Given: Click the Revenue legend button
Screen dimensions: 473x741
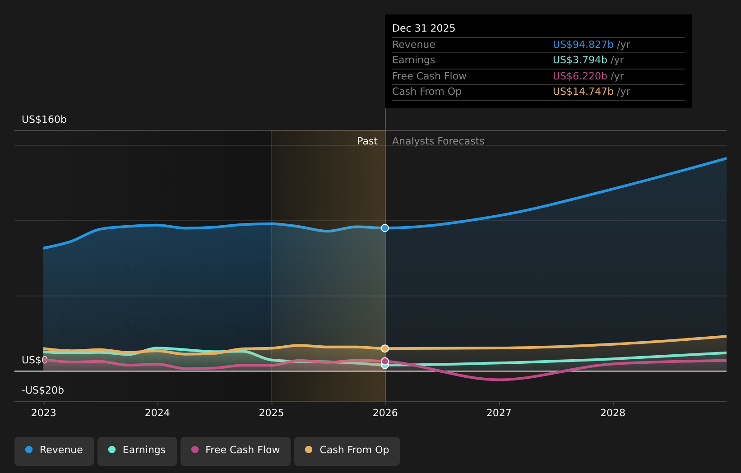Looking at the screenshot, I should [54, 450].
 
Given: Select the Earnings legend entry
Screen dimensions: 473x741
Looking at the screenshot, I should [137, 450].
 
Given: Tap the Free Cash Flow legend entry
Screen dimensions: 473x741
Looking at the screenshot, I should [235, 450].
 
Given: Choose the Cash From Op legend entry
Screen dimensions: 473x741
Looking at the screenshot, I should [347, 450].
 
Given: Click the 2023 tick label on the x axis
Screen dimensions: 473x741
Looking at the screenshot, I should [44, 413].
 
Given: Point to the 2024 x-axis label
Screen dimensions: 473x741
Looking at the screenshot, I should [157, 413].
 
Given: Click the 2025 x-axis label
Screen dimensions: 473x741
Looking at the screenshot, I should [271, 413].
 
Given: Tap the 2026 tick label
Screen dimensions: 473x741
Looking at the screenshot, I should [385, 413].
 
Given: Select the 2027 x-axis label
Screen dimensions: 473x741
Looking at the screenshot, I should [499, 413].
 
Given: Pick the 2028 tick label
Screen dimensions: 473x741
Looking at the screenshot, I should [613, 413].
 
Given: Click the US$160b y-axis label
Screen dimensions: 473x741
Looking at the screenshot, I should [44, 120].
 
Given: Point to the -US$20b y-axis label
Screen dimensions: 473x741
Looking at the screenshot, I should [43, 390].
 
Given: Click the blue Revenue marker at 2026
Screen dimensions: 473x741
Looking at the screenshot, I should [385, 228].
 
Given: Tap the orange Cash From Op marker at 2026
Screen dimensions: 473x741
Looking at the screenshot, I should [385, 348].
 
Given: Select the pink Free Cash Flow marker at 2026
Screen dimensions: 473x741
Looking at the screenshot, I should [385, 361].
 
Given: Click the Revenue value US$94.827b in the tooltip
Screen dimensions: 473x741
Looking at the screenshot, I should [583, 45].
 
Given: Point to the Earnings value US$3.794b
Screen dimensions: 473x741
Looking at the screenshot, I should [579, 60].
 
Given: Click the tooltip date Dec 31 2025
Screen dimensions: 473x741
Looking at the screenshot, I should [423, 28].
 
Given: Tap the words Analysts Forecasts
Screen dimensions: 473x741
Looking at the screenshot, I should [438, 141].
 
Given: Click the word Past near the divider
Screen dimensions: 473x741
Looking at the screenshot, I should [367, 141].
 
